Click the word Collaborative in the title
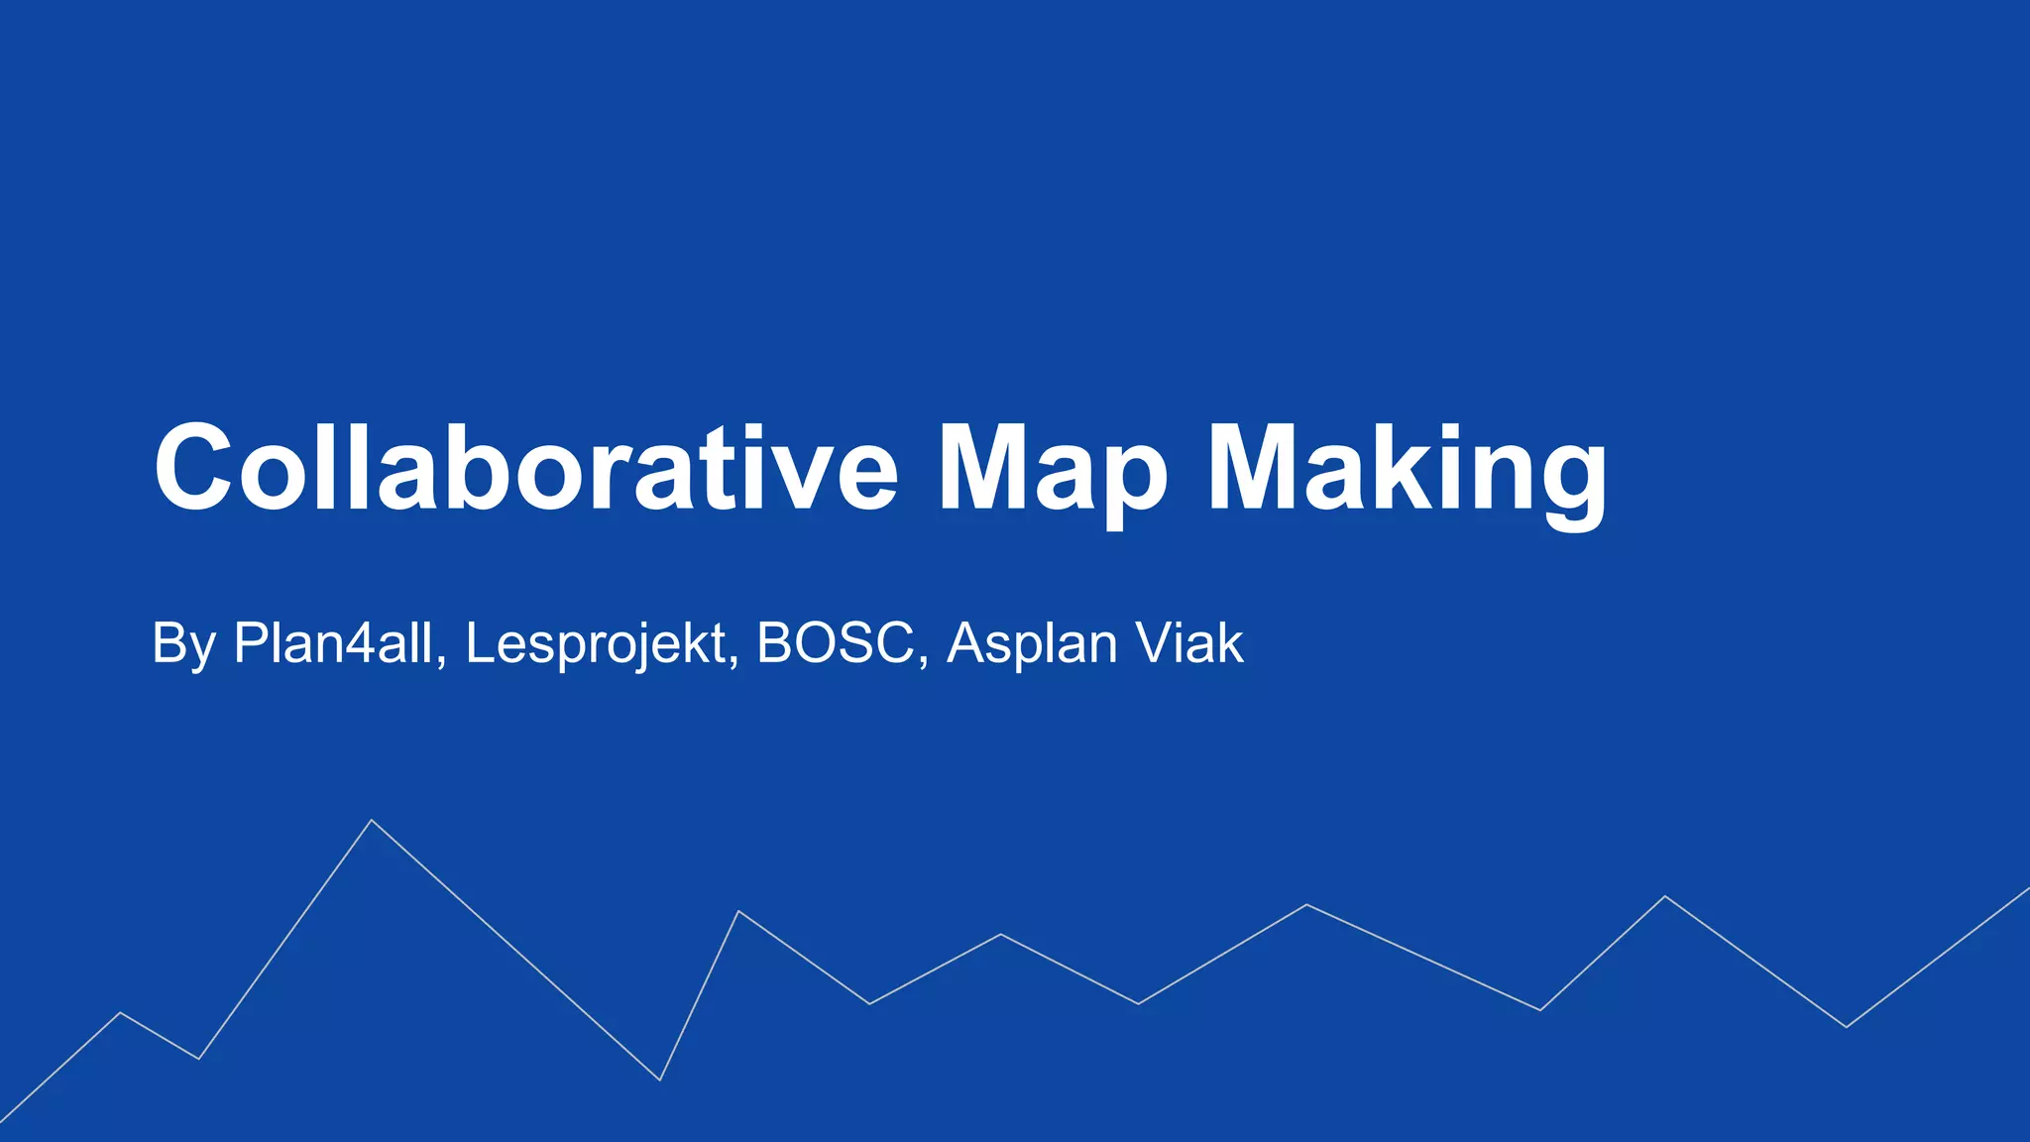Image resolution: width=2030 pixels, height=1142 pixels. (x=525, y=466)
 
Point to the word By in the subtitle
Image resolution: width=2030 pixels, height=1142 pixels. (x=183, y=644)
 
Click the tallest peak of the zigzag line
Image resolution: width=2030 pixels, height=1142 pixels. (x=372, y=821)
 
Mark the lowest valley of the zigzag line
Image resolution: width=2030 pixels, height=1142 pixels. (x=660, y=1080)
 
